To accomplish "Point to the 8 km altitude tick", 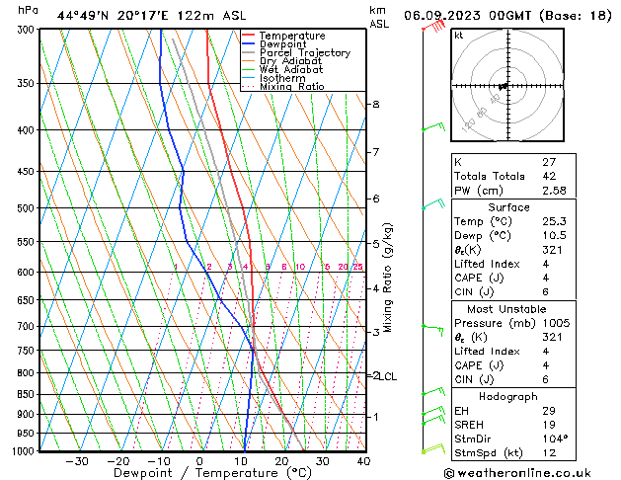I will pyautogui.click(x=375, y=104).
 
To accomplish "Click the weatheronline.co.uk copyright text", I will pyautogui.click(x=535, y=472).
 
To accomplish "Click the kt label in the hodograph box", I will pyautogui.click(x=458, y=35).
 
